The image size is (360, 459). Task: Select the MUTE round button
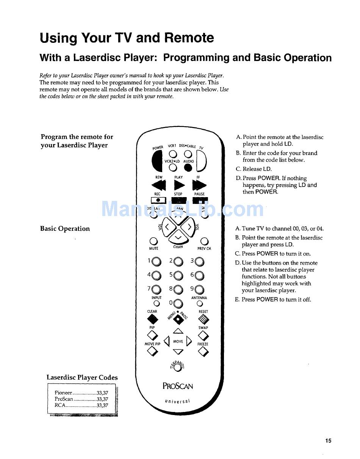coord(153,241)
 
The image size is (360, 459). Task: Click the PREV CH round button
coord(204,241)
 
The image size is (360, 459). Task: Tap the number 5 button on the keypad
coord(178,276)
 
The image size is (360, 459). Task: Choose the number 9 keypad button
coord(200,290)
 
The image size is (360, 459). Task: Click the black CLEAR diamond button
coord(153,319)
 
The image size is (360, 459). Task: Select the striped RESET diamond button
coord(203,320)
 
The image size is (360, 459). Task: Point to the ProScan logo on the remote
coord(178,386)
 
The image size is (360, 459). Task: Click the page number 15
coord(328,440)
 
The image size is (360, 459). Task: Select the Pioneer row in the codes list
coord(81,393)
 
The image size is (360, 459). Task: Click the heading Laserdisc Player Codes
coord(82,378)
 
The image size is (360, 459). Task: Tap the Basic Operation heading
coord(65,229)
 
